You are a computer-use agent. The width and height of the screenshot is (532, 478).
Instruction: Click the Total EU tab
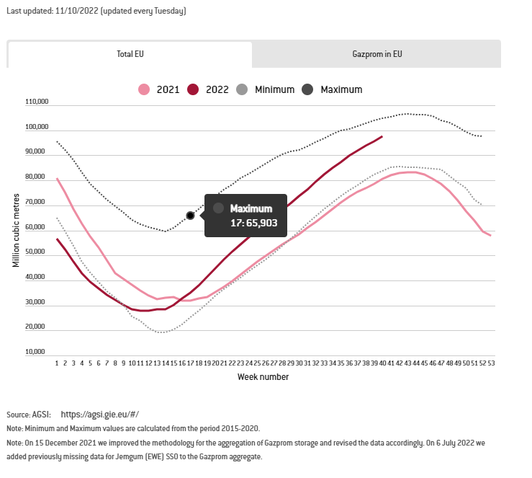pyautogui.click(x=130, y=54)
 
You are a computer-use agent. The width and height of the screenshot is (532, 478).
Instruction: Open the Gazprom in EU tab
pyautogui.click(x=377, y=54)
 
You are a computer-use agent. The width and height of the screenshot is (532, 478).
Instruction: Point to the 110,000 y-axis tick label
pyautogui.click(x=36, y=102)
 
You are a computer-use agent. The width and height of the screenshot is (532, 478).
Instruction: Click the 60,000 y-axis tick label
pyautogui.click(x=37, y=227)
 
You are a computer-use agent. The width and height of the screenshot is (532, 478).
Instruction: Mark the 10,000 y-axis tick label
pyautogui.click(x=37, y=352)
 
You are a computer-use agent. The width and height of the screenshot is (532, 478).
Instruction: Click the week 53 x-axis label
pyautogui.click(x=491, y=363)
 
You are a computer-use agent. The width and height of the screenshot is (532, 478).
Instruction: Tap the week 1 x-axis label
pyautogui.click(x=57, y=363)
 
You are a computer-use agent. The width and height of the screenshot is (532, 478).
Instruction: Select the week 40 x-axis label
pyautogui.click(x=382, y=363)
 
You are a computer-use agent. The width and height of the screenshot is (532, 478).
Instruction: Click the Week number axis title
pyautogui.click(x=263, y=377)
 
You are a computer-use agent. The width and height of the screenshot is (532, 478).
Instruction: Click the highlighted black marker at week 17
pyautogui.click(x=190, y=215)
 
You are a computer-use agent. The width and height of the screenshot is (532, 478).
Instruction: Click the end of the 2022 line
pyautogui.click(x=382, y=136)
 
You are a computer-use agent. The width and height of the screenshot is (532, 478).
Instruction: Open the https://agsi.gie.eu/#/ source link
pyautogui.click(x=99, y=415)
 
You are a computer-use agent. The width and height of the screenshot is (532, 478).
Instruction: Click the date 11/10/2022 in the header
pyautogui.click(x=77, y=11)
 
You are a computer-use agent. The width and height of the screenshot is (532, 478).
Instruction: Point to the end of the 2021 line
pyautogui.click(x=490, y=235)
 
